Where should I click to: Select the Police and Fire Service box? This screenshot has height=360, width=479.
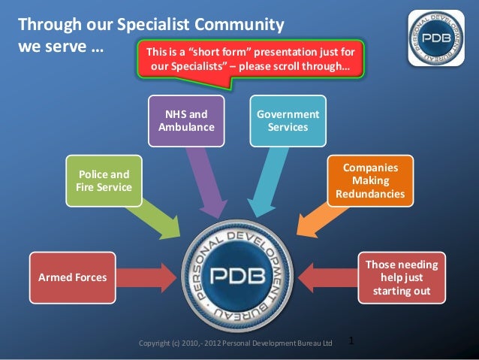click(x=104, y=180)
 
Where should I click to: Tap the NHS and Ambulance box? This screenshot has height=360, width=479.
click(x=187, y=121)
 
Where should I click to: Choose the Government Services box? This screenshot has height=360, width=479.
click(x=288, y=121)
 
